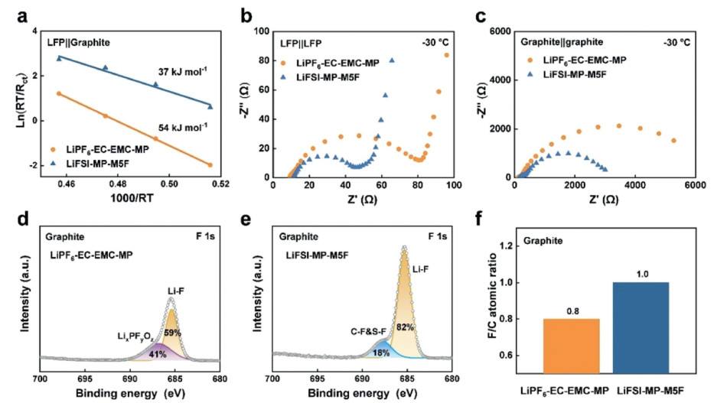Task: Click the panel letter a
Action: coord(12,15)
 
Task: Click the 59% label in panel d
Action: coord(174,333)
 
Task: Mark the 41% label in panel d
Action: coord(157,353)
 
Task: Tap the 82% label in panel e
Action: coord(406,328)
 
